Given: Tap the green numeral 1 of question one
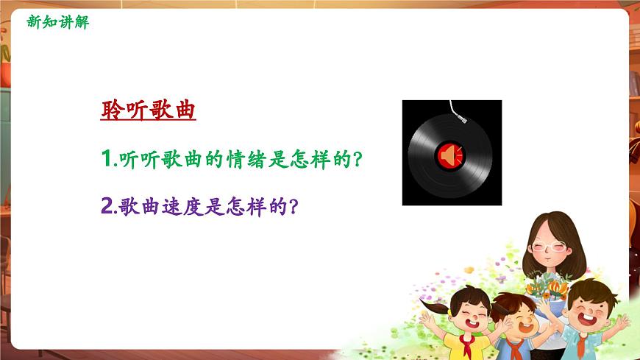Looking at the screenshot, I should pyautogui.click(x=105, y=159).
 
